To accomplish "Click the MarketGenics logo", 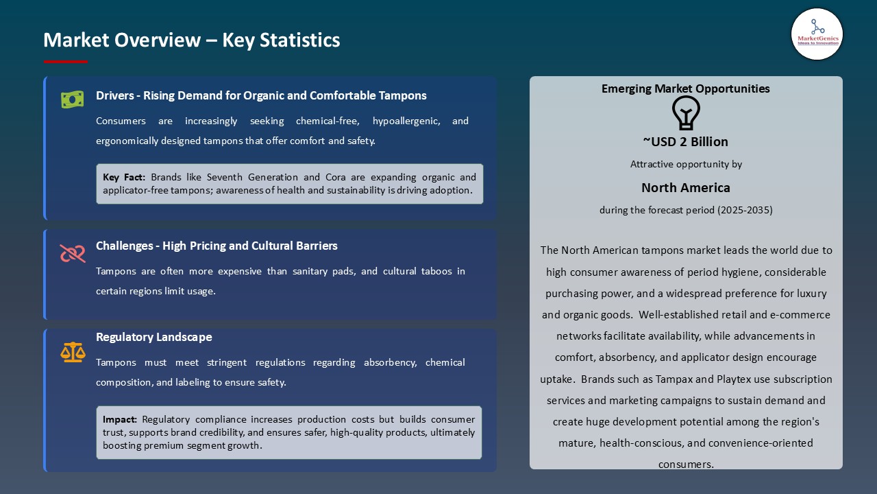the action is point(817,34).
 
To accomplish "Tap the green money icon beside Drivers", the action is point(73,99).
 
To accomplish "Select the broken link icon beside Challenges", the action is point(73,254).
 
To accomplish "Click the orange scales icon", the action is point(73,352).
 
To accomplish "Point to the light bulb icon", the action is point(685,113).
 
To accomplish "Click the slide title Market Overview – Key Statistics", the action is point(192,40).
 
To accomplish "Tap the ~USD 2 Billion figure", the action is point(685,141).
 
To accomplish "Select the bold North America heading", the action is point(685,187).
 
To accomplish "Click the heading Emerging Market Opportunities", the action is point(685,89).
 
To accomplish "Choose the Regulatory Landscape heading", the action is point(154,337).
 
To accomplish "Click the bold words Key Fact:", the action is point(124,177).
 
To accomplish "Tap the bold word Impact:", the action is point(120,419).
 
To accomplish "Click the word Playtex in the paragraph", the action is point(735,379).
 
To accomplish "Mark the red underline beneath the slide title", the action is point(66,62).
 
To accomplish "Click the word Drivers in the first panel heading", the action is point(114,95).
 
